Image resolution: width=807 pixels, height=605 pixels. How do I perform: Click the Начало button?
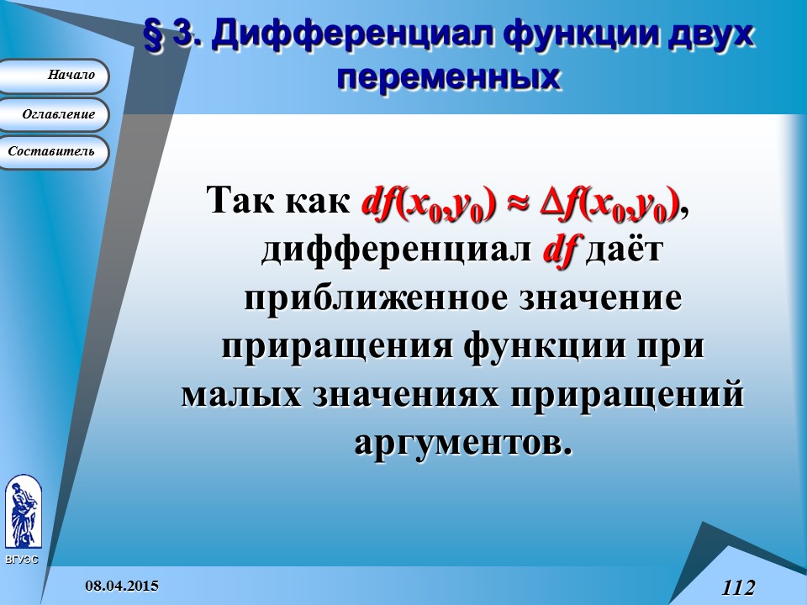click(x=54, y=76)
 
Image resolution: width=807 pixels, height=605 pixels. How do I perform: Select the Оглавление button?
click(x=55, y=114)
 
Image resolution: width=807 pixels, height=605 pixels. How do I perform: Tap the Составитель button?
click(x=55, y=152)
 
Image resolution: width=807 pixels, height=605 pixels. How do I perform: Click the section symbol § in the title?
click(x=156, y=35)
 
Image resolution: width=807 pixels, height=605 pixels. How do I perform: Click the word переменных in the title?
click(x=448, y=77)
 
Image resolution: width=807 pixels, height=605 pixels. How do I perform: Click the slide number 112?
click(x=737, y=587)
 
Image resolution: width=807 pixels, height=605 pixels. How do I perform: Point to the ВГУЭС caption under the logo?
click(x=21, y=559)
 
